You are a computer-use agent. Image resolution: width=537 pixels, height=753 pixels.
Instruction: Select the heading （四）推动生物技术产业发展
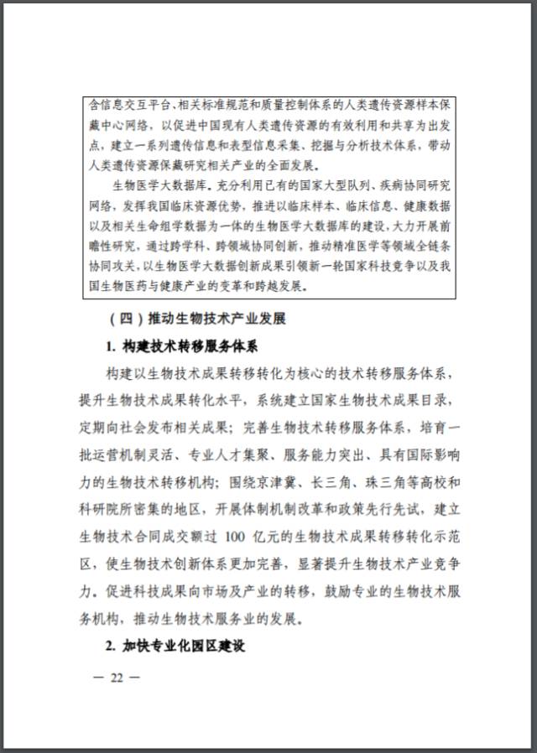(x=200, y=319)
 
